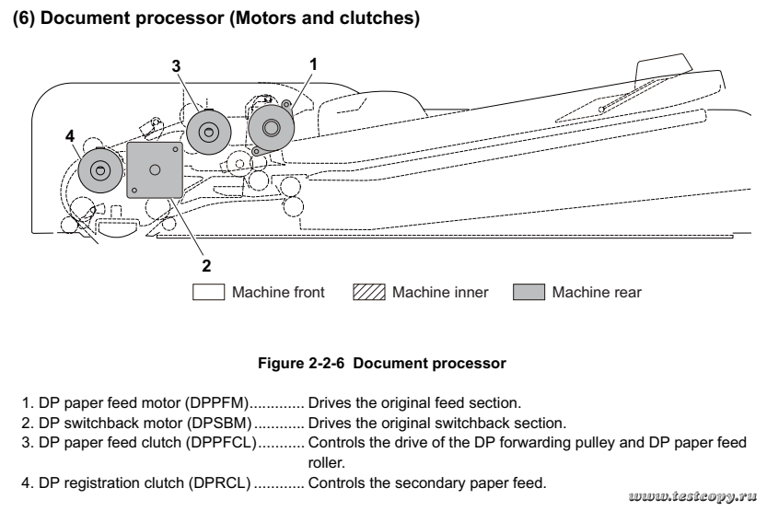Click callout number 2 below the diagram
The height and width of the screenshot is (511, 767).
(x=207, y=265)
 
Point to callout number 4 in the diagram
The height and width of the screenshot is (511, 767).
(x=69, y=135)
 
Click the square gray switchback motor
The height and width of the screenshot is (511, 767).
(x=154, y=169)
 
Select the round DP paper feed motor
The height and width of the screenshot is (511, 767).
(x=269, y=126)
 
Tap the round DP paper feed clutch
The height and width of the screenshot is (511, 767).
(x=209, y=132)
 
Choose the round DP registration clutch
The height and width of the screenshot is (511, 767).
(x=99, y=168)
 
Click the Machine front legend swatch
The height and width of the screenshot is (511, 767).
(x=209, y=293)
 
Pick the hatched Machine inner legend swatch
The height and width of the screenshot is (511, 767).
(x=369, y=293)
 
